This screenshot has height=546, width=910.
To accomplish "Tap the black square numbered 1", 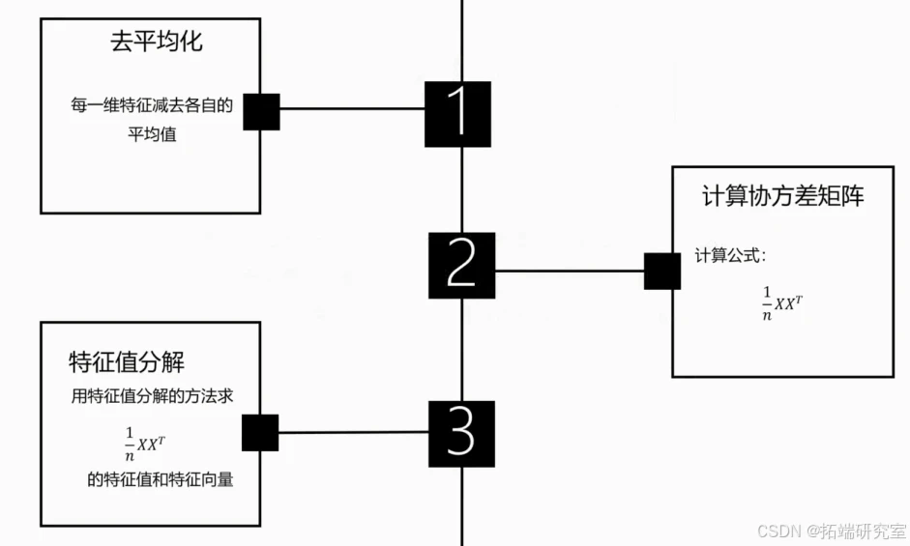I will [457, 113].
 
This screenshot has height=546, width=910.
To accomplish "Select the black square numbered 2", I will [461, 265].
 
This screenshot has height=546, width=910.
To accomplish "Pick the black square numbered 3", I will [460, 434].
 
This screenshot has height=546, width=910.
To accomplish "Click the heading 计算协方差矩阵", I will [782, 196].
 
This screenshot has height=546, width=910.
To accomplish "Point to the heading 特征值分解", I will [127, 362].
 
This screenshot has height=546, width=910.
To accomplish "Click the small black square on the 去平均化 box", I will [261, 112].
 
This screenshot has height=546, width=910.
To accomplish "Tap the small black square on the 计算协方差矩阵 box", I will [662, 272].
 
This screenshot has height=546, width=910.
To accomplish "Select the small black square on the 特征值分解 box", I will [259, 433].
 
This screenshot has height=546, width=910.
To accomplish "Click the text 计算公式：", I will [730, 256].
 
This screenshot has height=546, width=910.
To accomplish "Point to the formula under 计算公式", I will [782, 303].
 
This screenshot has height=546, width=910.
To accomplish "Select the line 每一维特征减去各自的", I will [152, 105].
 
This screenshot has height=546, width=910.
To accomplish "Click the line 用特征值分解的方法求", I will [152, 395].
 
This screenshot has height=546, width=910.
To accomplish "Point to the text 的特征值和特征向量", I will [160, 479].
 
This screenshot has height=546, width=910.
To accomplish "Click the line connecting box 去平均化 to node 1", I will [352, 108].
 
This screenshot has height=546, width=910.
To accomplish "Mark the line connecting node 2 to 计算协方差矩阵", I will [570, 271].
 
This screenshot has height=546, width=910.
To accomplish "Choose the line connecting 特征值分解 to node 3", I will [354, 432].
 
